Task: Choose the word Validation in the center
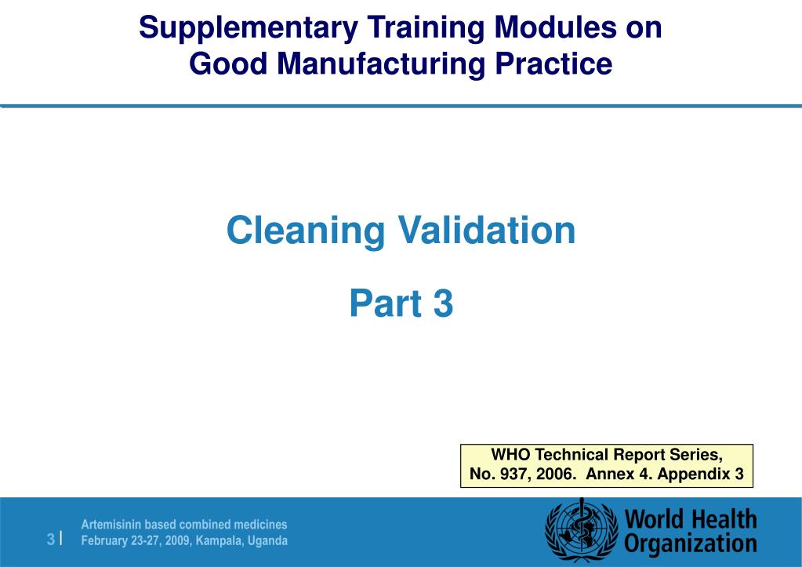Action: (486, 231)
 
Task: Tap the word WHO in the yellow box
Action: (507, 455)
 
